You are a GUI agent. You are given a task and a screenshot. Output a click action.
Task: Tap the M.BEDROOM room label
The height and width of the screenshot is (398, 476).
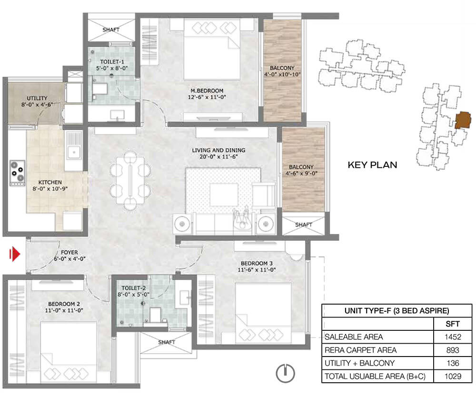pos(207,91)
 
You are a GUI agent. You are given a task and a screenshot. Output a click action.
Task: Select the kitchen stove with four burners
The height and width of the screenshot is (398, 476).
pos(17,173)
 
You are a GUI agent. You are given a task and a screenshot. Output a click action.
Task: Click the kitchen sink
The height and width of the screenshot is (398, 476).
pos(73,151)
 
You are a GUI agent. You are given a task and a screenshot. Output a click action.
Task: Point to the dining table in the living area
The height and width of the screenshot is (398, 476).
pos(130,180)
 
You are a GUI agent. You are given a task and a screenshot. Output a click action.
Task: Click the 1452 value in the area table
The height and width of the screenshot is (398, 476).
pos(453,337)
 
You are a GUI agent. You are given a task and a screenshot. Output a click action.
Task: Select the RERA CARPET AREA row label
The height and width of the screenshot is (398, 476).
pos(361,350)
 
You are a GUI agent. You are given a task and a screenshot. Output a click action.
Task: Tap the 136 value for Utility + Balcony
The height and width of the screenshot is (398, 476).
pos(453,363)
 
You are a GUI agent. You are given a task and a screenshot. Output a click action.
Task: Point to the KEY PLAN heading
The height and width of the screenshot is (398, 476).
pos(373,165)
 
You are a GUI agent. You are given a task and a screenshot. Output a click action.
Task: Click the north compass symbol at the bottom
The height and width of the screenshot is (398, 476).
pos(285,373)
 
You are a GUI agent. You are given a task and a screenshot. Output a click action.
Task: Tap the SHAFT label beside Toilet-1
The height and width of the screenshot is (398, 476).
pos(111,30)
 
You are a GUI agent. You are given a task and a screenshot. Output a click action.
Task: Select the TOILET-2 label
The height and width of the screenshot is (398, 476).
pos(134,288)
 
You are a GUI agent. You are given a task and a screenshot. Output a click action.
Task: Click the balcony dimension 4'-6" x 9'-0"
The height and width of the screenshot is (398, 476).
pos(301,173)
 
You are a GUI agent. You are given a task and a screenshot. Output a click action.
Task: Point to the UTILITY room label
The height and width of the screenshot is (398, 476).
pos(37,98)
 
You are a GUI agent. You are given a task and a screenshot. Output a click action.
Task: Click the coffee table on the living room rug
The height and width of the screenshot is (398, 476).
pos(224,194)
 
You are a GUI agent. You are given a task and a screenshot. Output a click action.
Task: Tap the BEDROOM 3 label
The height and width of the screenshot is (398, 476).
pos(257,263)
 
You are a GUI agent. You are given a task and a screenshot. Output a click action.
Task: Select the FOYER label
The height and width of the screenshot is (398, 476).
pos(69,252)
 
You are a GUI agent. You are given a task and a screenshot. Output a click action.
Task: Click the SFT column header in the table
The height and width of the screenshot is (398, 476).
pos(453,324)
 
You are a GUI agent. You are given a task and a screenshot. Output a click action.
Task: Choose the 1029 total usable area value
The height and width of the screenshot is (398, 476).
pos(453,377)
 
